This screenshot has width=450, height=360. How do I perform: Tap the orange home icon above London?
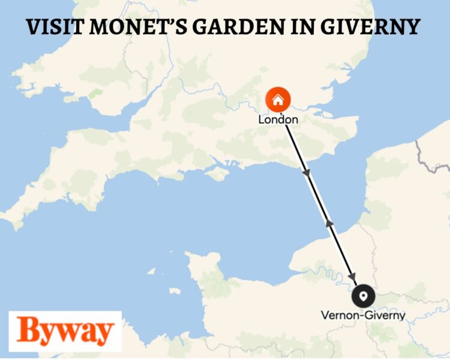pos(278,100)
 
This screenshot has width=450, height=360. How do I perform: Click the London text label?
pos(278,120)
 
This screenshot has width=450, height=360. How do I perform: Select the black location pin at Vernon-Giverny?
pos(363,296)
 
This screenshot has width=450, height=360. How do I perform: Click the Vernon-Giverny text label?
pos(363,315)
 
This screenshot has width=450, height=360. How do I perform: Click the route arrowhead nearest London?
pos(307,173)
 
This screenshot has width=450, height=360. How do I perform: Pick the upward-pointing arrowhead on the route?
pos(328,223)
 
